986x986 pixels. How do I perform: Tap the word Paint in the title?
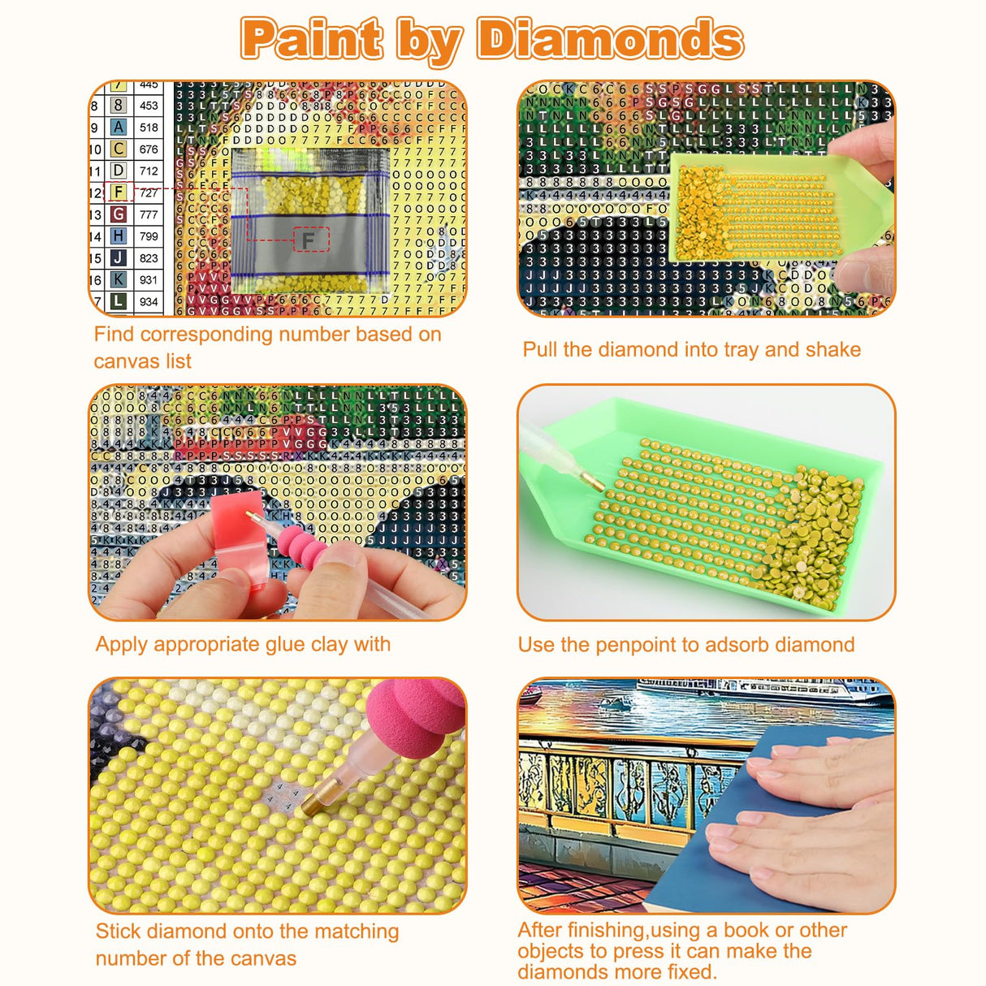pos(312,39)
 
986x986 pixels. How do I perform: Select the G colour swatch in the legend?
pos(119,214)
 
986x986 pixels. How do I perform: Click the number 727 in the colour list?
pos(149,193)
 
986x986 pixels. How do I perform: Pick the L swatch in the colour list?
pos(119,301)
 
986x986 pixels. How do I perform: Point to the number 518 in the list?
pos(149,128)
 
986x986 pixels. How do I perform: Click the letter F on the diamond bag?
pos(309,240)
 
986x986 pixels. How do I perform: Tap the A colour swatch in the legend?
pos(119,128)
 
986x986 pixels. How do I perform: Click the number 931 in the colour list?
pos(149,279)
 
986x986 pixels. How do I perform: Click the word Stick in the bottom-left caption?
pos(118,932)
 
